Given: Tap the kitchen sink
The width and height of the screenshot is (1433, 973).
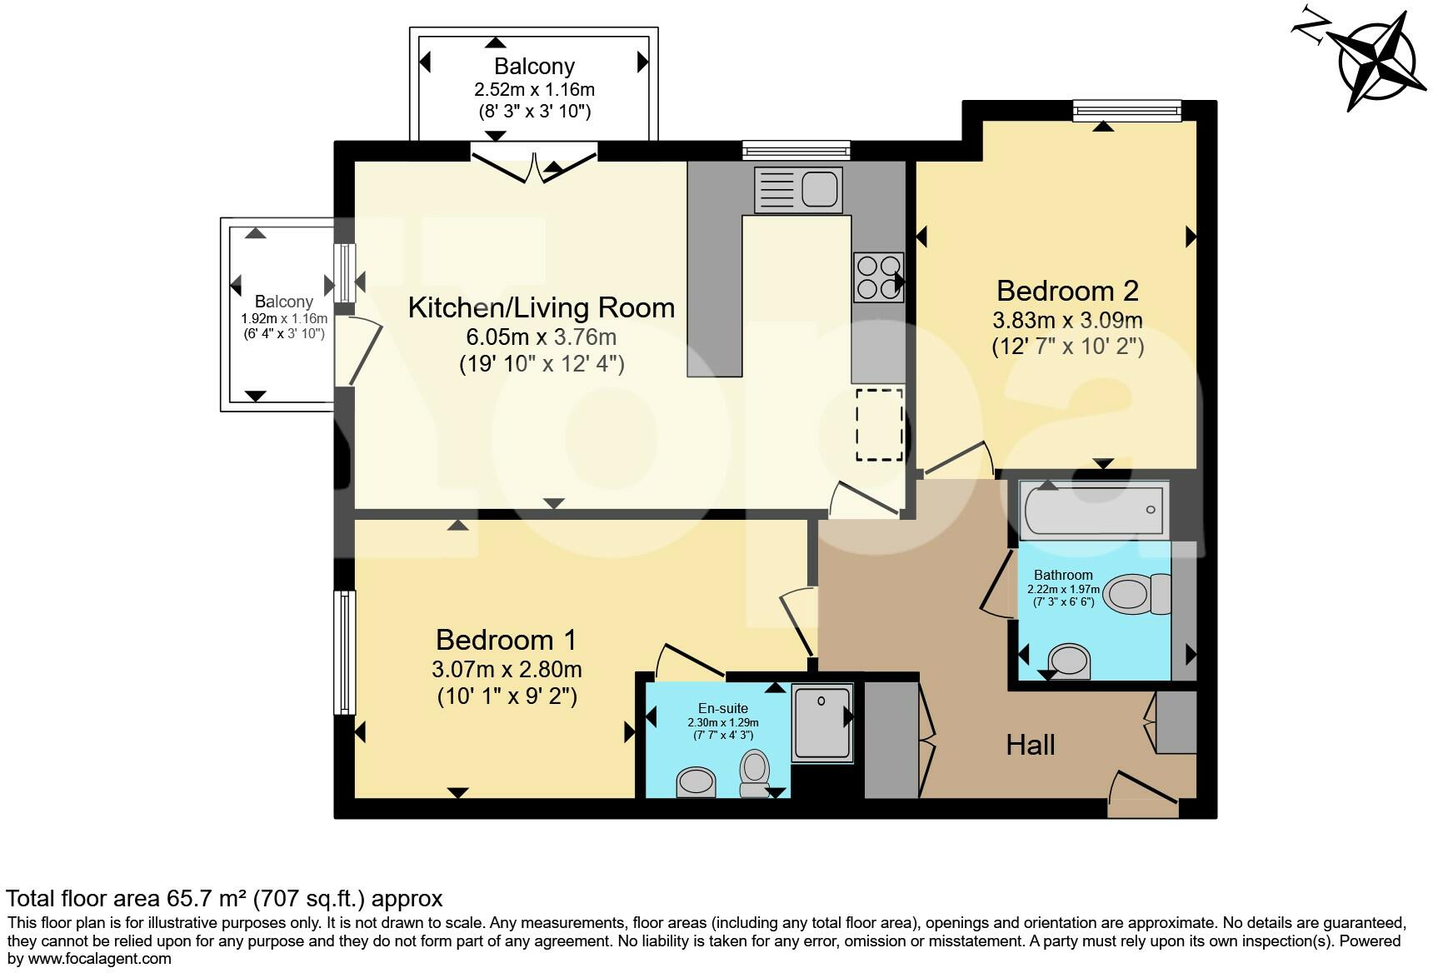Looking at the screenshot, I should [x=796, y=189].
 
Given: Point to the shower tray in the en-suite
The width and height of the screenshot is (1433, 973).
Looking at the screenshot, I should [x=821, y=723].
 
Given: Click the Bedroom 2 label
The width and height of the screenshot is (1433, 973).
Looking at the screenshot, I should [x=1067, y=291].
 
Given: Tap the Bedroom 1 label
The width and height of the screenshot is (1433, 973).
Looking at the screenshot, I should [x=506, y=640].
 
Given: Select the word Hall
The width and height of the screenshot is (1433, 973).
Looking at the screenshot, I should [x=1031, y=745].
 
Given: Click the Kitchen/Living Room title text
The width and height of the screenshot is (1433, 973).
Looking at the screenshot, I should [x=541, y=307].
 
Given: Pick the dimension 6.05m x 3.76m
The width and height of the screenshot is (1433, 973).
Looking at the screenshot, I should [x=541, y=337].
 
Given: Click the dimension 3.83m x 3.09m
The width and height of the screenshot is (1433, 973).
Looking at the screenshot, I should [x=1067, y=320].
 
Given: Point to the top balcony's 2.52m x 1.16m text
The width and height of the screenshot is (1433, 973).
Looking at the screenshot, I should [x=534, y=89].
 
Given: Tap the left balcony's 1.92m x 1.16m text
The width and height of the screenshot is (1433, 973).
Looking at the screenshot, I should [x=284, y=318].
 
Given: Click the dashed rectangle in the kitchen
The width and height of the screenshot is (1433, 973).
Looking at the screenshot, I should [x=879, y=424].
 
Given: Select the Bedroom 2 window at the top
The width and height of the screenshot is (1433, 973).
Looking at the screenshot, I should [x=1126, y=110].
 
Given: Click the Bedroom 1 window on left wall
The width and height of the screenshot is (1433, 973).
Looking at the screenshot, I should [x=344, y=652].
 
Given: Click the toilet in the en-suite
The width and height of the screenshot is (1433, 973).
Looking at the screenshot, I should [x=755, y=773].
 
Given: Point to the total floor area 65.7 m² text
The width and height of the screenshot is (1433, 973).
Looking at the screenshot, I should [x=224, y=899].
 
